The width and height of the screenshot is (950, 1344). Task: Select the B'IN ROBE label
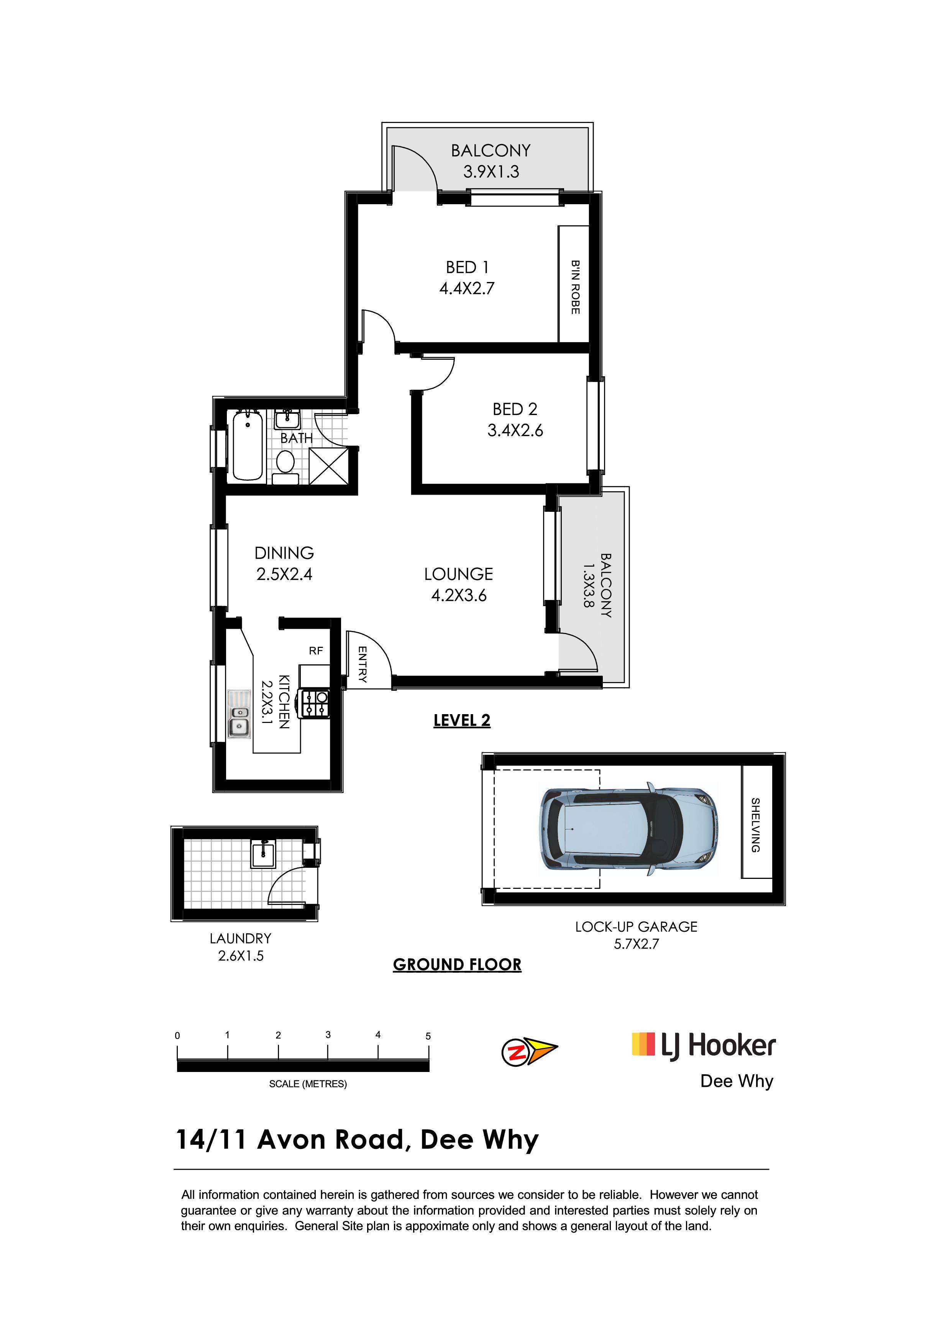coord(575,287)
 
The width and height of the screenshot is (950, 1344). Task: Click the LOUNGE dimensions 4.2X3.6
coord(459,596)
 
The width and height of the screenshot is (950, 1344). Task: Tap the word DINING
coord(284,553)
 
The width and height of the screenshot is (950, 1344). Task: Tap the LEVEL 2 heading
coord(462,721)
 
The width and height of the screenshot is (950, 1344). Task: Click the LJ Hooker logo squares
coord(643,1044)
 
